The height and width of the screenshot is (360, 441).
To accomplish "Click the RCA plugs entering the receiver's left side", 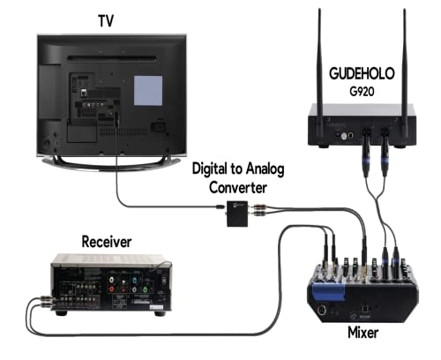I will pos(35,302).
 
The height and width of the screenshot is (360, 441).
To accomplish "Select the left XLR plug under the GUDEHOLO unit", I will pos(365,162).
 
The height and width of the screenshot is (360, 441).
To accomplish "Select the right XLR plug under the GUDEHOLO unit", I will pos(385,162).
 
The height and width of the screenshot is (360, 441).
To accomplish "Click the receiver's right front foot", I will pos(160,313).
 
